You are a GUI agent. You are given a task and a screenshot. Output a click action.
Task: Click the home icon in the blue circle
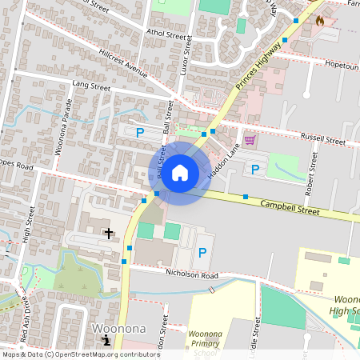[180, 173]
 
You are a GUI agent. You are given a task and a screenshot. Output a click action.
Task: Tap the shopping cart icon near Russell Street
[250, 139]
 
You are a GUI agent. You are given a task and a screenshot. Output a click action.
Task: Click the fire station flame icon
[321, 21]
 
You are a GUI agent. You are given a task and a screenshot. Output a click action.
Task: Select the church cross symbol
[109, 233]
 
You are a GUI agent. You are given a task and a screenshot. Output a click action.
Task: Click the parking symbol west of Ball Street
[140, 133]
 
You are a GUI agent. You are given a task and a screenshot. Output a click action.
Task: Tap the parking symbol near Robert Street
[255, 169]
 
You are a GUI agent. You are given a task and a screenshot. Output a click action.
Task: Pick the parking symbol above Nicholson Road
[202, 252]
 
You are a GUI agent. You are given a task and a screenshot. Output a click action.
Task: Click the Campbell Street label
[289, 209]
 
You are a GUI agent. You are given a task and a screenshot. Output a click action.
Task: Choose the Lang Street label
[90, 83]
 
